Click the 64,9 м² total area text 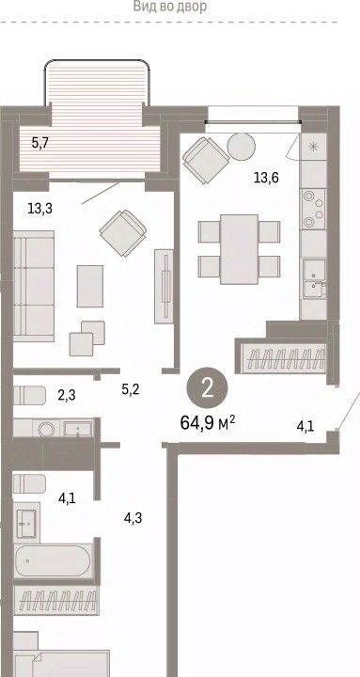(x=207, y=422)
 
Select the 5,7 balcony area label (x=40, y=143)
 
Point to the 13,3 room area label (x=40, y=209)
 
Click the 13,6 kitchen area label (x=266, y=177)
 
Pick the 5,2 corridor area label (x=131, y=390)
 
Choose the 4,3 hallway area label (x=133, y=518)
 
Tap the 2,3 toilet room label (x=67, y=394)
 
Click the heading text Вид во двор (x=169, y=7)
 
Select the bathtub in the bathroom (x=53, y=560)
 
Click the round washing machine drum (x=46, y=429)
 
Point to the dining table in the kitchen (x=239, y=249)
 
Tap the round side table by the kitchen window (x=242, y=147)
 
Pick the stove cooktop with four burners (x=313, y=209)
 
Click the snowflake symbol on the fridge (x=313, y=147)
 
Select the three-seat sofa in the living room (x=34, y=286)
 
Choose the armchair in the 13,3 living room (x=123, y=233)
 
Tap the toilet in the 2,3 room (x=29, y=395)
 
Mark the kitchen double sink (x=314, y=278)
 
